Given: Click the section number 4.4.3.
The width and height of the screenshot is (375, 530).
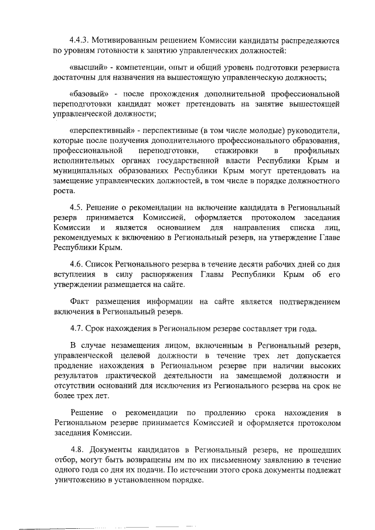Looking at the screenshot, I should click(80, 42).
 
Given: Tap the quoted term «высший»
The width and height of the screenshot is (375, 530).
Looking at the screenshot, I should click(87, 68).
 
